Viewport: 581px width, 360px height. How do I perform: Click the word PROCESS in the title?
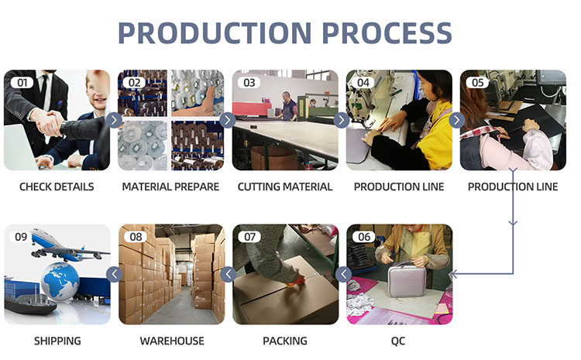click(x=387, y=33)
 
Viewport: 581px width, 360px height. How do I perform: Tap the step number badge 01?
click(x=22, y=82)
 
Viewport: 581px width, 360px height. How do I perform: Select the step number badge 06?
click(x=364, y=237)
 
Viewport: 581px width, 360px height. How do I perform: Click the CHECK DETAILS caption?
click(x=57, y=187)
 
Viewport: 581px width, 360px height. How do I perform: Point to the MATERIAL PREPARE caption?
click(x=171, y=187)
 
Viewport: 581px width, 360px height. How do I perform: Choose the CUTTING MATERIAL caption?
click(x=285, y=187)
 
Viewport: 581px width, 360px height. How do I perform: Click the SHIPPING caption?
click(x=57, y=341)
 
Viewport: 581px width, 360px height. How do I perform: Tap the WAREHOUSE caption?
click(x=172, y=341)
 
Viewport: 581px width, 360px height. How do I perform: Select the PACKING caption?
click(x=285, y=341)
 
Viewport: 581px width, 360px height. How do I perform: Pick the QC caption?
click(x=398, y=341)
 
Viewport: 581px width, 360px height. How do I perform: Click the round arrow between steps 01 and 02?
click(x=114, y=120)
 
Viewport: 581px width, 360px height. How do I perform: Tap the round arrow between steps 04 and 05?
click(x=457, y=120)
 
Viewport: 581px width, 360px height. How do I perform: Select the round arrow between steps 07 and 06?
click(x=343, y=274)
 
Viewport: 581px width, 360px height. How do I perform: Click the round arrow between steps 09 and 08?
click(x=114, y=274)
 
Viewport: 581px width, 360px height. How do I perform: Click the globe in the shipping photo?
click(x=60, y=282)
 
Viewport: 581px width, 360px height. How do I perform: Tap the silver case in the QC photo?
click(x=407, y=279)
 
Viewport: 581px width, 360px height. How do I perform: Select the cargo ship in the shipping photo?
click(x=30, y=303)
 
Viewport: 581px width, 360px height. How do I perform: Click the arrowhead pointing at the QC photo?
click(x=453, y=274)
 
